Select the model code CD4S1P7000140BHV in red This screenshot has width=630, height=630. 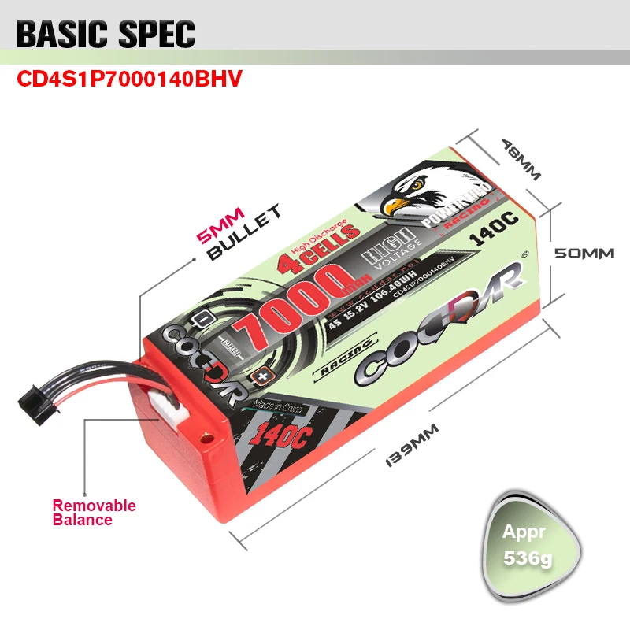[x=128, y=80]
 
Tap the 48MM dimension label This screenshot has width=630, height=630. [x=521, y=160]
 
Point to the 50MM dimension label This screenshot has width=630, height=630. [x=584, y=253]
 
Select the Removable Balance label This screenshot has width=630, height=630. [x=94, y=513]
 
